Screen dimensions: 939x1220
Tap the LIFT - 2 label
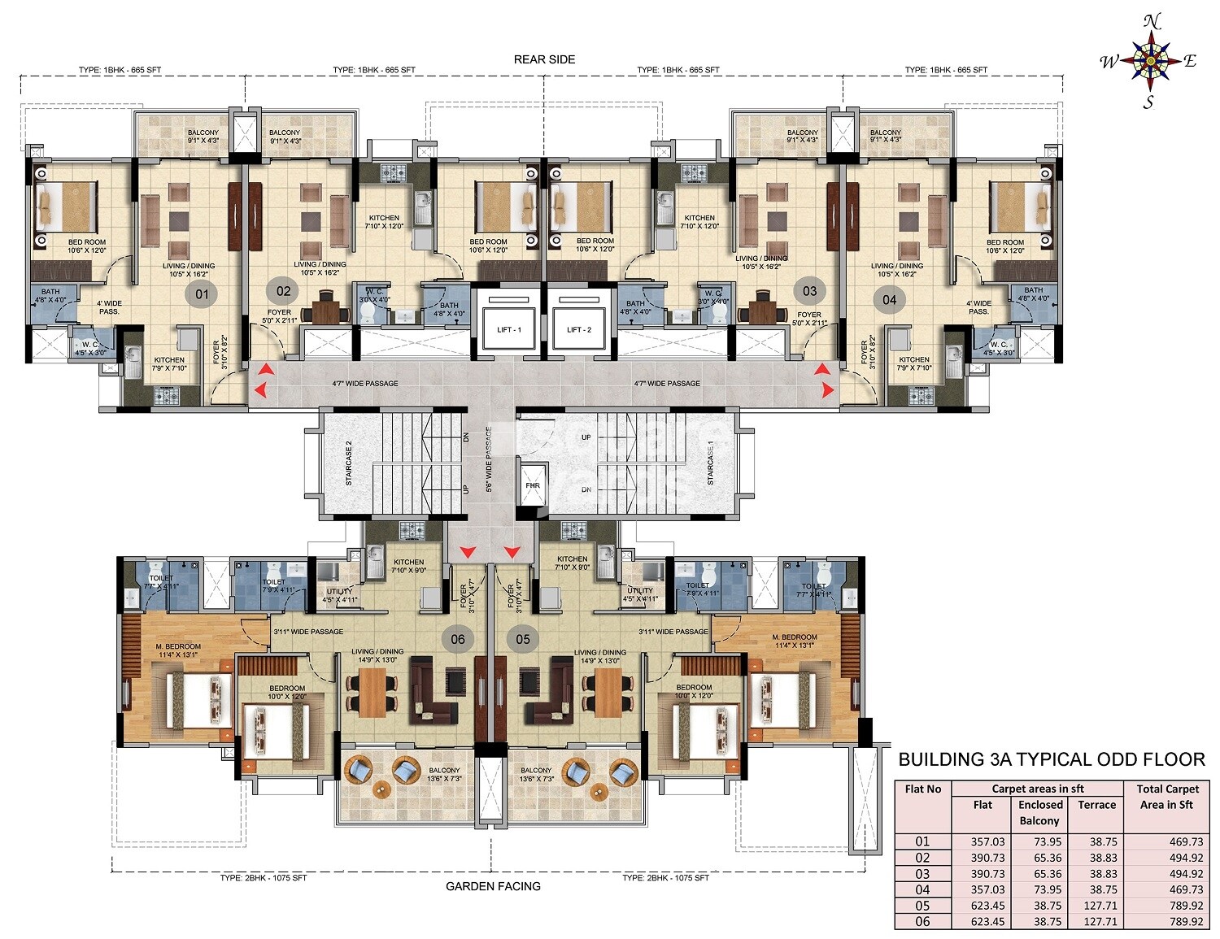[x=578, y=329]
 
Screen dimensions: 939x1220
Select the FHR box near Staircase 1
[x=532, y=485]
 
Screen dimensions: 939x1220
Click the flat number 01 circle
[x=201, y=294]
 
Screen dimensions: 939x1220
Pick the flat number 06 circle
[x=458, y=639]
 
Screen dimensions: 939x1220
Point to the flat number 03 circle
[x=809, y=291]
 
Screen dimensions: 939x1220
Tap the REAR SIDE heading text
[x=544, y=59]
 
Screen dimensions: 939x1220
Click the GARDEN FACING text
[x=493, y=886]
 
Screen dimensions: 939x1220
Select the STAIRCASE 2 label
[x=349, y=463]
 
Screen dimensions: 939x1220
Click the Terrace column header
[x=1096, y=805]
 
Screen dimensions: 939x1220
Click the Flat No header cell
[x=922, y=789]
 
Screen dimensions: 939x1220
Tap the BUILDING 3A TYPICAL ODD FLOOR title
[x=1051, y=759]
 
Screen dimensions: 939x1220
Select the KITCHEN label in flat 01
[x=169, y=360]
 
